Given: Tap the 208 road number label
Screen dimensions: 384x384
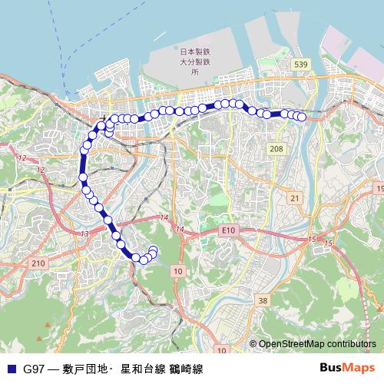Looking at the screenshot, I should (276, 147).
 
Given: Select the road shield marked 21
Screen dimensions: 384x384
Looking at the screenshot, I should (295, 198).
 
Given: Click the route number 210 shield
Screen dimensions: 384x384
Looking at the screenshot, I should (37, 263).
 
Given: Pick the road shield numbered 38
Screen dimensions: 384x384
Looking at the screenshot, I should (263, 300).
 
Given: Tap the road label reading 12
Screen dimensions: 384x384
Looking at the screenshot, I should (22, 157).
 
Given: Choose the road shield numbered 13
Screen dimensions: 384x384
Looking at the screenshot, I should (84, 233).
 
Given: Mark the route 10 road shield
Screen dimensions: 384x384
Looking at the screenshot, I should (177, 271).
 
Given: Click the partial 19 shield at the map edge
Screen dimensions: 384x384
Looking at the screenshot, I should (379, 188).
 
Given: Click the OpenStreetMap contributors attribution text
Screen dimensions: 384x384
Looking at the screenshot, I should (317, 344).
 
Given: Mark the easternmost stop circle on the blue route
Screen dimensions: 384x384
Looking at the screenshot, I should (302, 117).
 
